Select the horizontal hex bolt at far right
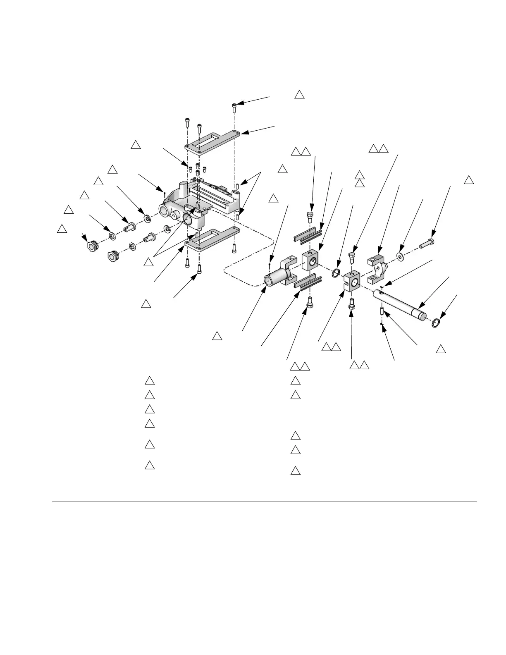[426, 244]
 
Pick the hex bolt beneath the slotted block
[352, 304]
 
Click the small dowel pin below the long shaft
[382, 310]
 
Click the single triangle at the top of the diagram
[299, 95]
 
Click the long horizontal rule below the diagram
[265, 502]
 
